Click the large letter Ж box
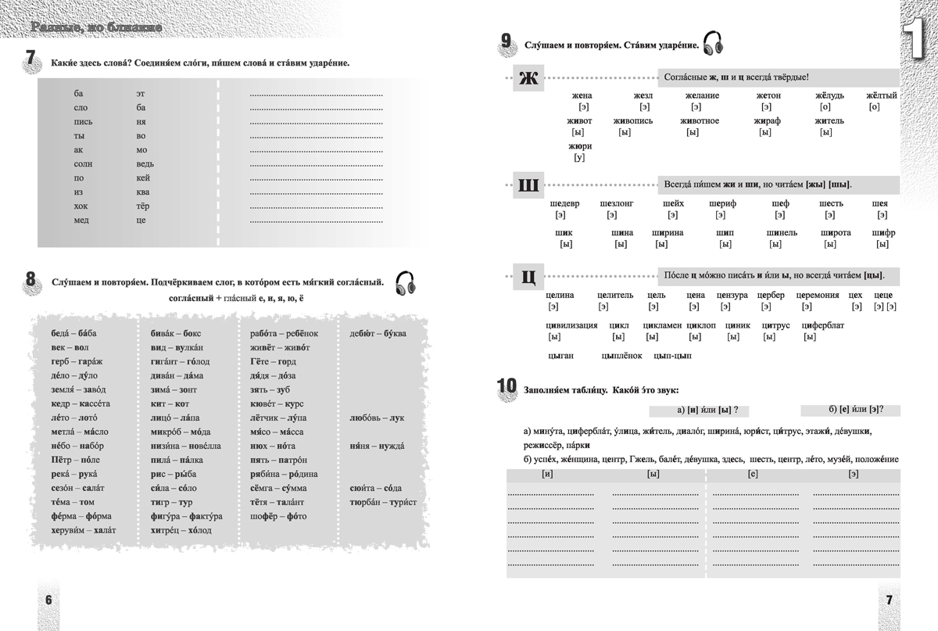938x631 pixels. (528, 78)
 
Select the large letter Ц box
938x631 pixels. (528, 276)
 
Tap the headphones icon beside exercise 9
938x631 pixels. (712, 44)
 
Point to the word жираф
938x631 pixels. (767, 121)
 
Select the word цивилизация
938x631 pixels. (571, 325)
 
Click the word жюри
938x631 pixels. (579, 146)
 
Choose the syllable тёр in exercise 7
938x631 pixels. (142, 206)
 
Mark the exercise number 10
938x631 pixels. (507, 386)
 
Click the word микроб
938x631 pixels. (167, 432)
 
